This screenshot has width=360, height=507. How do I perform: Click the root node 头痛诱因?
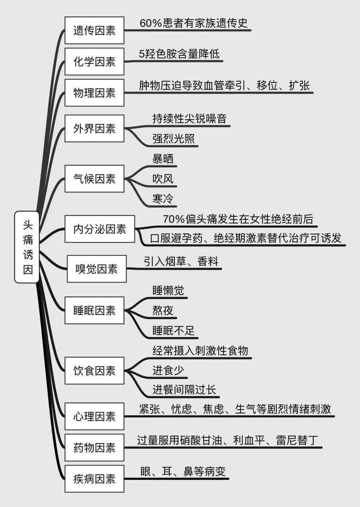27,247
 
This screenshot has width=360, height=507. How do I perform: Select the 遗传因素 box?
94,30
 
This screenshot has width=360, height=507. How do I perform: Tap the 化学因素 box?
94,61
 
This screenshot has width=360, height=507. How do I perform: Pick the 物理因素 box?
94,93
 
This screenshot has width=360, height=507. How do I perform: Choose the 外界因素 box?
94,128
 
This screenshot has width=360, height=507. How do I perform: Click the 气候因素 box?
94,178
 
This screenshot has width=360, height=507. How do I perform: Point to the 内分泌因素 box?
100,229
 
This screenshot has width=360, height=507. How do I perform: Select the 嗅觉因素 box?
97,269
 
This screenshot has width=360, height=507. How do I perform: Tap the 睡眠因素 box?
94,311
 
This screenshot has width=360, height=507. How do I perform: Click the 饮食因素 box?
94,371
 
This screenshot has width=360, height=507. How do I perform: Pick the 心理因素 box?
94,416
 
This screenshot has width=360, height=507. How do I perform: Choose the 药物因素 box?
94,447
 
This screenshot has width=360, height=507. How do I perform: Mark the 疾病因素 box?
94,479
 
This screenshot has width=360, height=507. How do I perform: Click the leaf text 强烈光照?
174,138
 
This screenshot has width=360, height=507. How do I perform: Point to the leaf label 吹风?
163,178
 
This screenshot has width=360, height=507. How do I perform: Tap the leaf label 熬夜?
163,311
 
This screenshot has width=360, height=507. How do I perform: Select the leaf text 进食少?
168,370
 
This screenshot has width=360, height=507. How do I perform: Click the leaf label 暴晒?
163,159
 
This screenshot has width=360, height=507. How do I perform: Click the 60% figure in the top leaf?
151,23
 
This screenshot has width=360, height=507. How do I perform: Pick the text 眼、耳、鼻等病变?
183,472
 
